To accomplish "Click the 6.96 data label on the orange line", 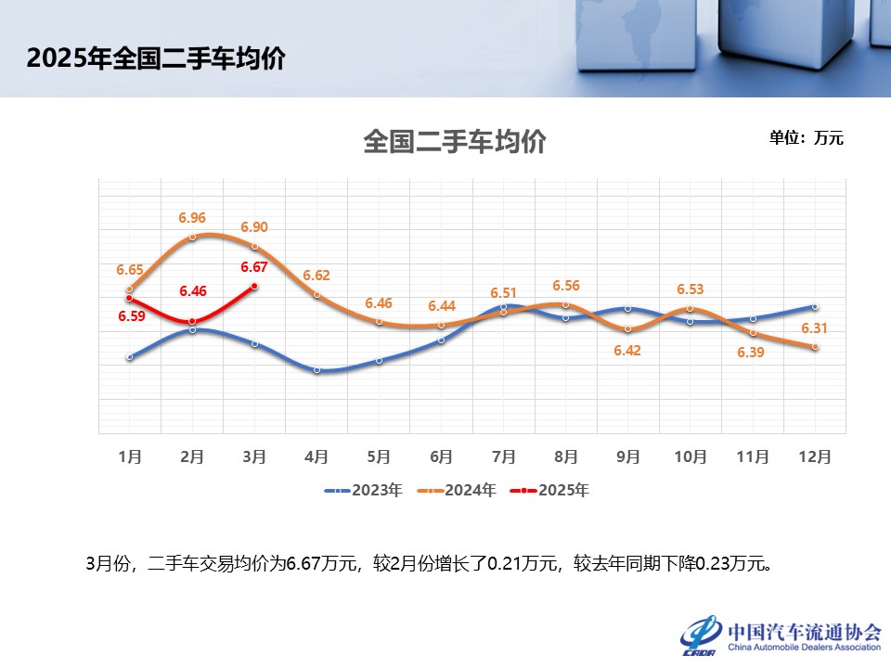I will point(192,218).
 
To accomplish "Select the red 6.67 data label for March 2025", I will point(254,267).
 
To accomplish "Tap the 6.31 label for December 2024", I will point(814,328).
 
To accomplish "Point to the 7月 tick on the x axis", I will point(504,456).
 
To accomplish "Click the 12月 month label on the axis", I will point(815,456).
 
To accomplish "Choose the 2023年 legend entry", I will point(364,490).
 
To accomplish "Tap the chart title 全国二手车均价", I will point(455,142).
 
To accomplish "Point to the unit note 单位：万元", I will point(806,138).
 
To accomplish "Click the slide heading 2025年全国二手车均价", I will point(156,58).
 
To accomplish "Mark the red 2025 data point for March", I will point(254,288).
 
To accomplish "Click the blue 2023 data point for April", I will point(316,369).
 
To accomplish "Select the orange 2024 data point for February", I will point(192,238).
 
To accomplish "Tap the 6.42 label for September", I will point(627,352).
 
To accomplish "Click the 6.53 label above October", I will point(690,290).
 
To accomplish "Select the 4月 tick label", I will point(316,456).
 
